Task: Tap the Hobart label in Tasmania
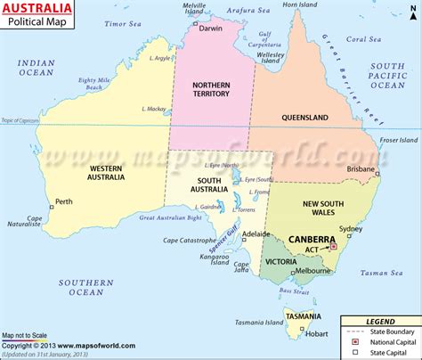(316, 335)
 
